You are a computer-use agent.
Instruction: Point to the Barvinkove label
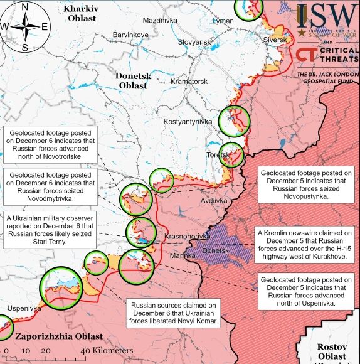tap(130, 34)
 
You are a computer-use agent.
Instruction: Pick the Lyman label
tap(223, 21)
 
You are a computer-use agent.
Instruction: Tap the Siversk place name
tap(273, 40)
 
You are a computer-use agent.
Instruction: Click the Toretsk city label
tap(217, 154)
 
